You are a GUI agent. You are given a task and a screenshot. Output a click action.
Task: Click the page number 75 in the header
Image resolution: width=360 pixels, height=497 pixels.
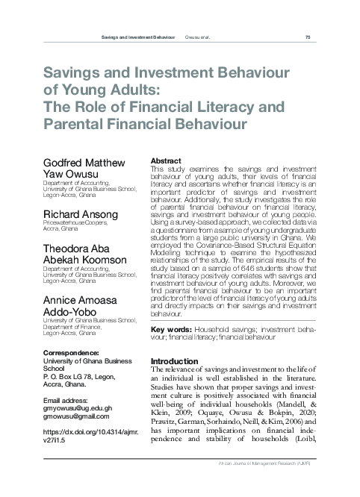coord(308,37)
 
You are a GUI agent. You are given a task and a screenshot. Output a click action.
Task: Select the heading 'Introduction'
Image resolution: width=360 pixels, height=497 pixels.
coord(175,361)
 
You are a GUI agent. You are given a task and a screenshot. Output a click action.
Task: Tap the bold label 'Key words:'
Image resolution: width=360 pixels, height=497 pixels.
coord(171,329)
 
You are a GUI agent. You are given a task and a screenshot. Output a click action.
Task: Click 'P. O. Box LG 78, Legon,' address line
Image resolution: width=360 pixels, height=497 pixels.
coord(82,378)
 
